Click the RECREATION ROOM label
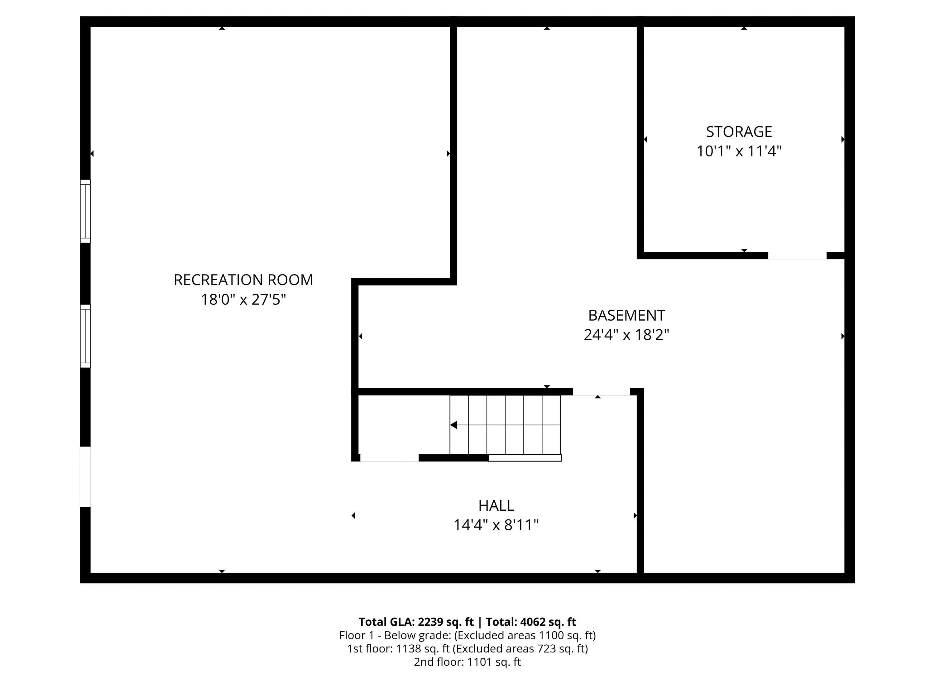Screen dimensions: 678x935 point(243,280)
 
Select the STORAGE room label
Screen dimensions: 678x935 point(739,132)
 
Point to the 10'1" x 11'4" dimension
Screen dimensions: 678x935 point(739,151)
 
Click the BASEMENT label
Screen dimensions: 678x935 point(626,315)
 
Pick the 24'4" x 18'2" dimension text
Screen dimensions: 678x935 point(626,335)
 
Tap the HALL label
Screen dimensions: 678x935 point(496,505)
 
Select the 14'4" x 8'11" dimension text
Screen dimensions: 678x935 point(496,525)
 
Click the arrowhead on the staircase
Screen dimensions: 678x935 point(454,425)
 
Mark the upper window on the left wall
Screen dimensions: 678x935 point(85,211)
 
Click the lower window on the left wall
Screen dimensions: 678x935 point(85,336)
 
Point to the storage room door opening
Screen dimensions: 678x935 point(797,256)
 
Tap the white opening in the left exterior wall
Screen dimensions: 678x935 point(85,476)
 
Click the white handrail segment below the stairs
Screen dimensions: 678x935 point(525,458)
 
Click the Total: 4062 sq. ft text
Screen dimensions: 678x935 point(531,622)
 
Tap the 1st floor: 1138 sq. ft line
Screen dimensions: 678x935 point(467,649)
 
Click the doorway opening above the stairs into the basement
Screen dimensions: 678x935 point(602,392)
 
